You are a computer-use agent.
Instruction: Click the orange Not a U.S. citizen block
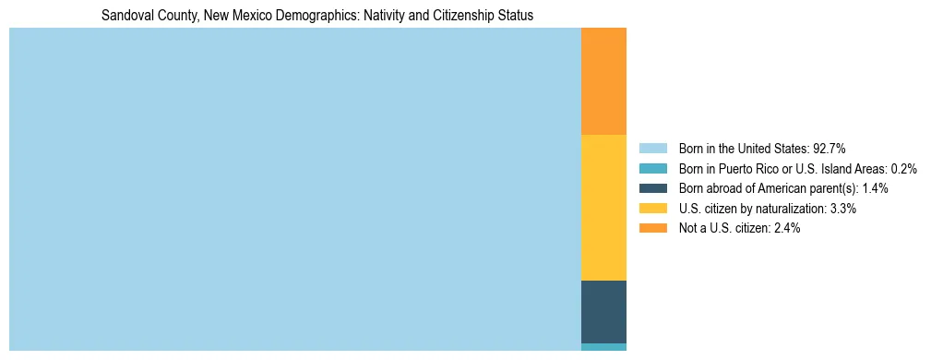tap(603, 81)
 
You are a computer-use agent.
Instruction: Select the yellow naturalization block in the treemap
tap(603, 208)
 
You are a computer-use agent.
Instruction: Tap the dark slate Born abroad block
tap(603, 312)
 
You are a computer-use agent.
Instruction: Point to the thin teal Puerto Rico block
tap(603, 347)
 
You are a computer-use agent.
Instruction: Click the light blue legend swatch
tap(652, 148)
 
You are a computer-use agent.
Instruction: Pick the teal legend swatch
tap(652, 168)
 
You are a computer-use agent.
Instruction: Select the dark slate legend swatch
tap(652, 188)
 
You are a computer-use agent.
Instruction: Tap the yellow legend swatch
tap(652, 209)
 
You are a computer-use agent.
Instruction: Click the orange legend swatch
tap(652, 228)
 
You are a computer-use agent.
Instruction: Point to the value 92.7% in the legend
tap(829, 148)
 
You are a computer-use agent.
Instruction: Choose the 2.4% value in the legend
tap(784, 228)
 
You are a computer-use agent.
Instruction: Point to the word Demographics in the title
tap(303, 17)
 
